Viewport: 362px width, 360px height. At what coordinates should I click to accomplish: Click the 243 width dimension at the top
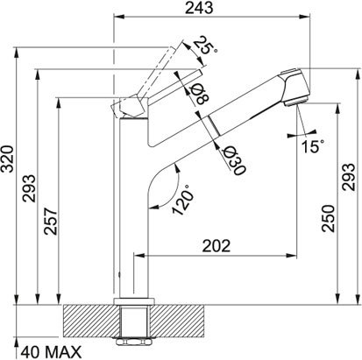tap(199, 8)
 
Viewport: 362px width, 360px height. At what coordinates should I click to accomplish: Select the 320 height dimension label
tap(7, 159)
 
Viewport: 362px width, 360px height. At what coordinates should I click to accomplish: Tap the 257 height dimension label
tap(51, 221)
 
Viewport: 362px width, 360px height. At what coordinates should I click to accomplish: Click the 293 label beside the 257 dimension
tap(29, 188)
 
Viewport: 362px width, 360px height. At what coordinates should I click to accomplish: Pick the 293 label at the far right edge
tap(349, 177)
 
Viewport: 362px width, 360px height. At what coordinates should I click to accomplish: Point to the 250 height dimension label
tap(328, 219)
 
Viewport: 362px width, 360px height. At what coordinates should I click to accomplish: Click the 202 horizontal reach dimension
tap(216, 246)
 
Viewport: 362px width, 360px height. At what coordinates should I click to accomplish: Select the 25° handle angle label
tap(206, 46)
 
